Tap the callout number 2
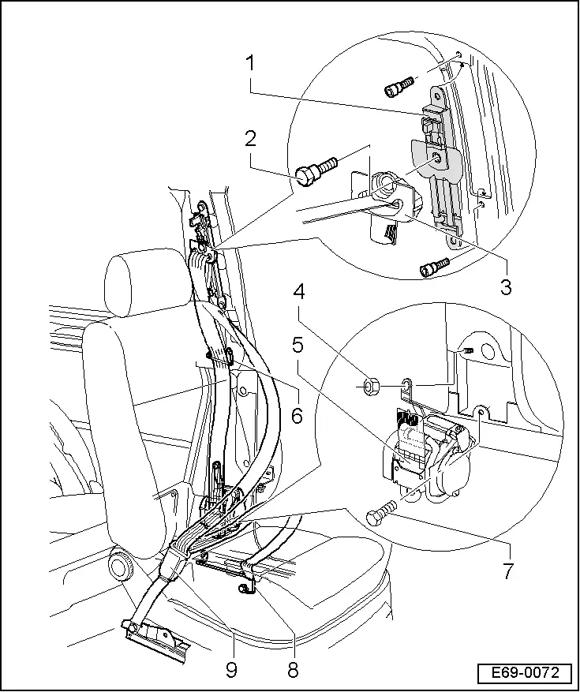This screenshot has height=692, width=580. pos(250,140)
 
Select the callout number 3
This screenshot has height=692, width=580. pos(506,286)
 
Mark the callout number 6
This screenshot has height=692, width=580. pos(297,415)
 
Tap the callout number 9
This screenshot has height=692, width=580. pos(231,671)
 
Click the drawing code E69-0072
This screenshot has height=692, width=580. pos(524,673)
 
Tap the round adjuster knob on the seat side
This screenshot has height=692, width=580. pos(121,567)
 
